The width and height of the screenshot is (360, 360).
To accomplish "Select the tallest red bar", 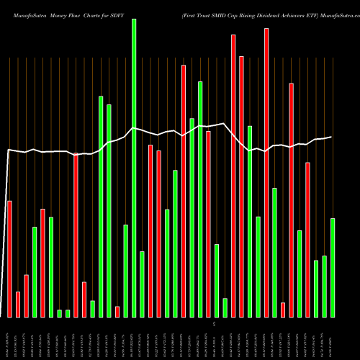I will [266, 173].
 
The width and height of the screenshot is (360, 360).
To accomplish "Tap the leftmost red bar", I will [9, 258].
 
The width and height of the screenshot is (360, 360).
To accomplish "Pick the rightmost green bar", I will [333, 267].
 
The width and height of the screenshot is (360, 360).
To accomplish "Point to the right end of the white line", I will [331, 137].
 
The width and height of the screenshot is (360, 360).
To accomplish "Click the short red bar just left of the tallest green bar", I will [117, 311].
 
